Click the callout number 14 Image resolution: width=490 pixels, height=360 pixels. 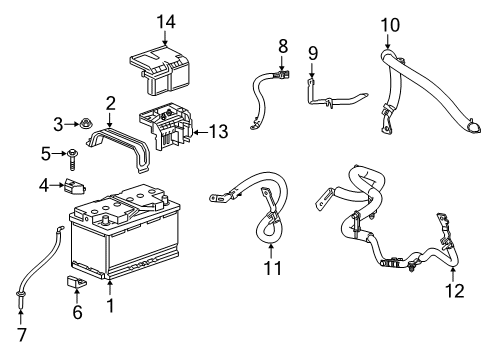click(165, 21)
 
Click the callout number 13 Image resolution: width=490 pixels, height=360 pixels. click(217, 131)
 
